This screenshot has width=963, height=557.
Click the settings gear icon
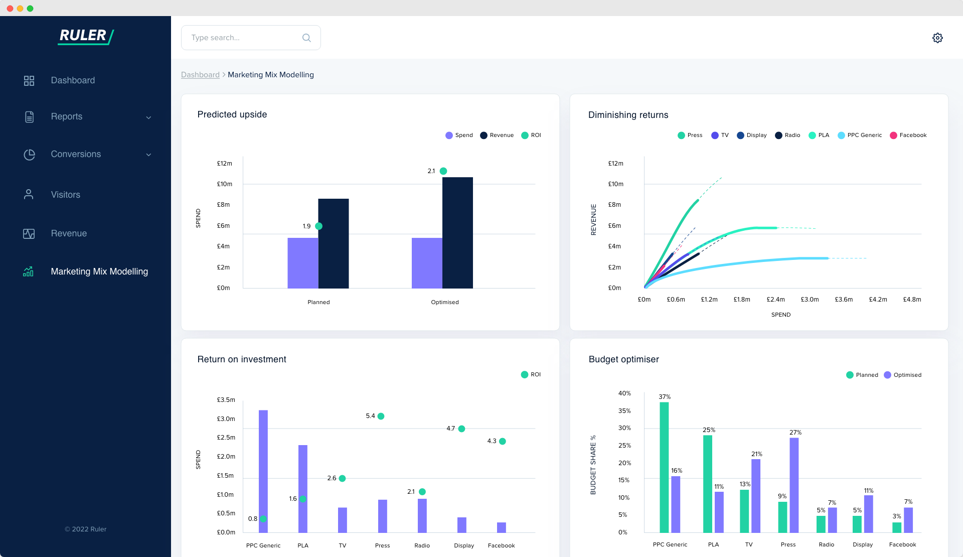[x=937, y=38]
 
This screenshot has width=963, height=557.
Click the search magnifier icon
[x=306, y=38]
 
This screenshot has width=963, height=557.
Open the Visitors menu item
[x=65, y=195]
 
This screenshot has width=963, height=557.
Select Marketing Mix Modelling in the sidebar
[x=99, y=271]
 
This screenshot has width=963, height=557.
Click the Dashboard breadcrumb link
[x=200, y=75]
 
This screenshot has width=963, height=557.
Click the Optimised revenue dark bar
[x=457, y=233]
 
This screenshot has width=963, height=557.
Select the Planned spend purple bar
[x=302, y=263]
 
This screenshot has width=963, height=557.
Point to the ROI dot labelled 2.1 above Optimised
[x=443, y=171]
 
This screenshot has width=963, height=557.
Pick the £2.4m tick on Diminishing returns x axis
[x=775, y=300]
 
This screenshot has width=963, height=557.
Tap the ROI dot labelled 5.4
[x=381, y=416]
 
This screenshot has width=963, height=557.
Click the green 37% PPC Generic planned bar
[x=664, y=467]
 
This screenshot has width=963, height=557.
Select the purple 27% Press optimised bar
[x=794, y=485]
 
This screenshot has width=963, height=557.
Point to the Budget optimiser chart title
[x=623, y=359]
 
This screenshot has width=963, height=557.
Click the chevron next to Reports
[x=148, y=117]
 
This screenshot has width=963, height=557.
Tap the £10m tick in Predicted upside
[x=224, y=184]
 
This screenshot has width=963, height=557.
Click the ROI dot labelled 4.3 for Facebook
[x=503, y=441]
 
